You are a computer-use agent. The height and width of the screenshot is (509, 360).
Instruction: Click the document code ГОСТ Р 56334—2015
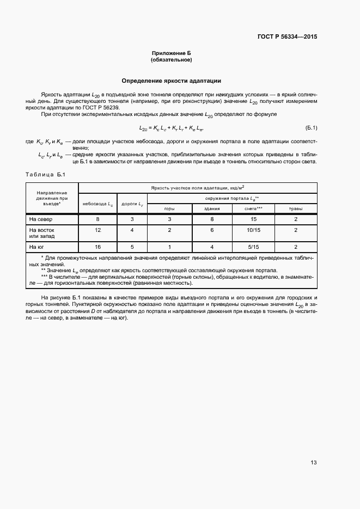[287, 37]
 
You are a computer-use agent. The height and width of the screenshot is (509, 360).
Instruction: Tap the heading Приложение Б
[172, 53]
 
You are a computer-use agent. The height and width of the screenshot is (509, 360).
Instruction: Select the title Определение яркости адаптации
[171, 81]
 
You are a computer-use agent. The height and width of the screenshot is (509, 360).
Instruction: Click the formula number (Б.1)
[311, 128]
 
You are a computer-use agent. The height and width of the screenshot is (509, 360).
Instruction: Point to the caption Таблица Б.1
[45, 174]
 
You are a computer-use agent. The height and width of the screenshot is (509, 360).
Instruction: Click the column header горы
[169, 208]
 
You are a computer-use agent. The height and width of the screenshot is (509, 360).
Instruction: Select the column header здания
[212, 208]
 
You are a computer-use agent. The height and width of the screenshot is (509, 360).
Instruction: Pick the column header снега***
[253, 208]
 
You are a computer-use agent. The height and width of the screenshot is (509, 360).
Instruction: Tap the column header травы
[295, 208]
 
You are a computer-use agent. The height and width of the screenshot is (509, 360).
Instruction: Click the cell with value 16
[98, 247]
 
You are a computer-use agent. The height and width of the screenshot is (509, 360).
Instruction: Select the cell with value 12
[98, 230]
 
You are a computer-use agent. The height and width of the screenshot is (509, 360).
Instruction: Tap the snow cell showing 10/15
[253, 230]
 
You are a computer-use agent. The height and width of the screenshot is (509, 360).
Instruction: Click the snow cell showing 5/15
[253, 247]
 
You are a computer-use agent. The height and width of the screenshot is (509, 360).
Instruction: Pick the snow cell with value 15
[253, 219]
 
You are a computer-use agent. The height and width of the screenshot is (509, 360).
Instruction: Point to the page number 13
[313, 463]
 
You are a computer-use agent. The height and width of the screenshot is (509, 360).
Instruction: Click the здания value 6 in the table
[212, 230]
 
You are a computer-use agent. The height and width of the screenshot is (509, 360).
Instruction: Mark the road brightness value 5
[132, 247]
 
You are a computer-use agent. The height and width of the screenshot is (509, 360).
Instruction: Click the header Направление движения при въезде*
[52, 198]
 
